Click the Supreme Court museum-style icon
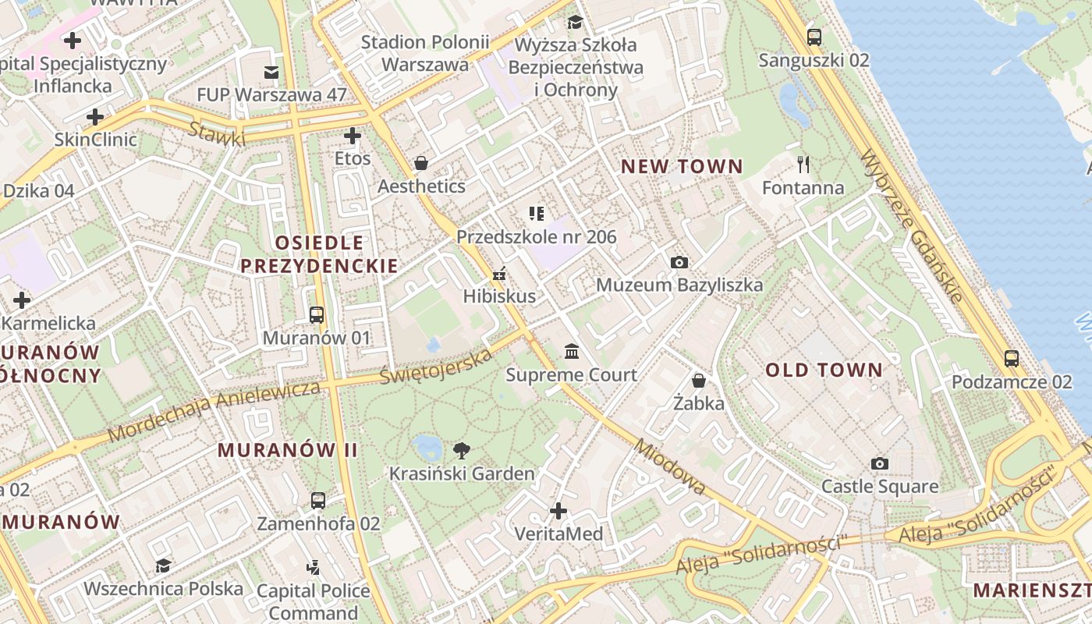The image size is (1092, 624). [572, 352]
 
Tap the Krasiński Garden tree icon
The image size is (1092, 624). [461, 450]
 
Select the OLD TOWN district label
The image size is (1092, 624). [824, 370]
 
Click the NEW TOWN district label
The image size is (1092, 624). [682, 166]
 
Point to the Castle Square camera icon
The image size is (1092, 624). [880, 463]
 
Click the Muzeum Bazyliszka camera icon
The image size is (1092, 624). [679, 262]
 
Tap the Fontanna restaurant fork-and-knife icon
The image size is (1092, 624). [803, 164]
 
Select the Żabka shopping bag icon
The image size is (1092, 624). [699, 381]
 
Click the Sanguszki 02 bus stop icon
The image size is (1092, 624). [814, 37]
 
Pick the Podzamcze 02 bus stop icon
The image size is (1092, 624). [1012, 359]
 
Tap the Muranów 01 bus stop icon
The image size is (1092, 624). [317, 315]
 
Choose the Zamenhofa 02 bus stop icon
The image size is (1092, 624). [318, 500]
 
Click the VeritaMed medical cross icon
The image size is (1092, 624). [558, 511]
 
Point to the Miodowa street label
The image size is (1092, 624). [670, 466]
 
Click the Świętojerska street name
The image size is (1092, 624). [436, 366]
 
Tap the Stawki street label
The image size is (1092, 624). [217, 133]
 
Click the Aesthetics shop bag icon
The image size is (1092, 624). [421, 163]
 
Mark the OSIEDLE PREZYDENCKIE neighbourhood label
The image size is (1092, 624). [318, 253]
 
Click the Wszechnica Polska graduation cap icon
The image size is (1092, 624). [163, 565]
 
